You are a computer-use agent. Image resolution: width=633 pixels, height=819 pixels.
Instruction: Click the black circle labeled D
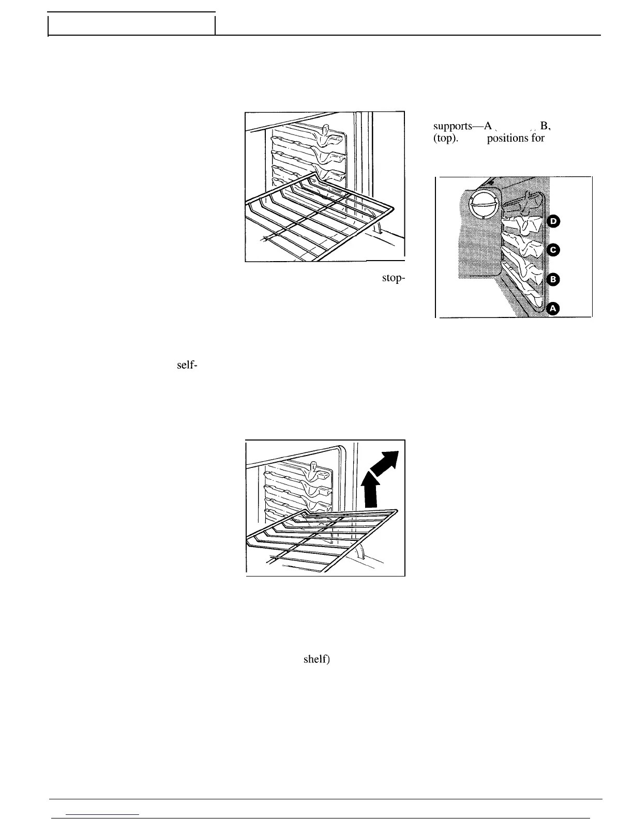click(553, 221)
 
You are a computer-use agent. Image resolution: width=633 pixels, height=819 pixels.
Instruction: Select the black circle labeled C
click(553, 250)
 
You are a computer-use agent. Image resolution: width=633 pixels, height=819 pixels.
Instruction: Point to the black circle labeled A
click(553, 309)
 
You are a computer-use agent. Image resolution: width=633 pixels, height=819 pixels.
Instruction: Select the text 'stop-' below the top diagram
click(393, 278)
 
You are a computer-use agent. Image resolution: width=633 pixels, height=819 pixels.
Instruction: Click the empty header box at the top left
click(131, 25)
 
